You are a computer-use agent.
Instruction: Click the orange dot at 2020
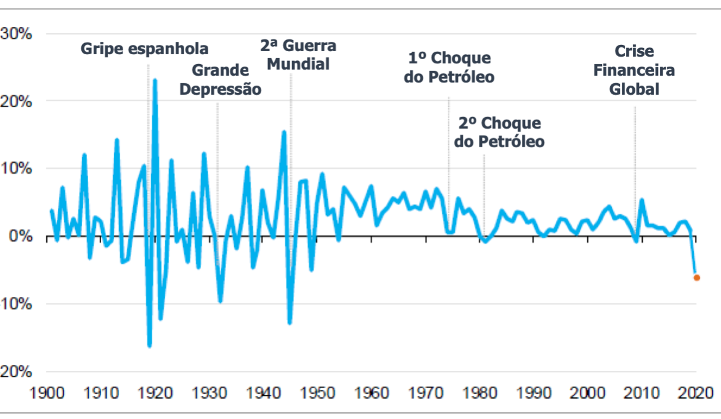[x=696, y=277]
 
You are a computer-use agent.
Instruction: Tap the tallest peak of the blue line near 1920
[x=155, y=80]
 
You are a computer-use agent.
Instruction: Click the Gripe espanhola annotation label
[x=145, y=49]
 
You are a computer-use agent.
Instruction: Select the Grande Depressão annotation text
[x=219, y=79]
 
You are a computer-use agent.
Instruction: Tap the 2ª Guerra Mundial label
[x=298, y=54]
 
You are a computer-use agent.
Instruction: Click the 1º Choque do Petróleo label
[x=449, y=67]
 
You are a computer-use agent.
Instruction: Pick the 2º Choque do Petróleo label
[x=499, y=132]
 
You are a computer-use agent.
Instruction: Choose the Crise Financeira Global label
[x=634, y=70]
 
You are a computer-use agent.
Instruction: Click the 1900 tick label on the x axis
[x=47, y=393]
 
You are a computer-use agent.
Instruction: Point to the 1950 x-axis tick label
[x=317, y=393]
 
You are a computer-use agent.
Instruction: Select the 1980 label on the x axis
[x=479, y=393]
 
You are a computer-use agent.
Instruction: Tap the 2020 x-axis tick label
[x=695, y=393]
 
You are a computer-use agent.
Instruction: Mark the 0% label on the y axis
[x=20, y=236]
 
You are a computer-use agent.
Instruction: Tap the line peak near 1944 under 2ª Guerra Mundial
[x=284, y=132]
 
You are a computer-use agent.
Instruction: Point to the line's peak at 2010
[x=642, y=200]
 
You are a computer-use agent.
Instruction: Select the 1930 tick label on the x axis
[x=209, y=393]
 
